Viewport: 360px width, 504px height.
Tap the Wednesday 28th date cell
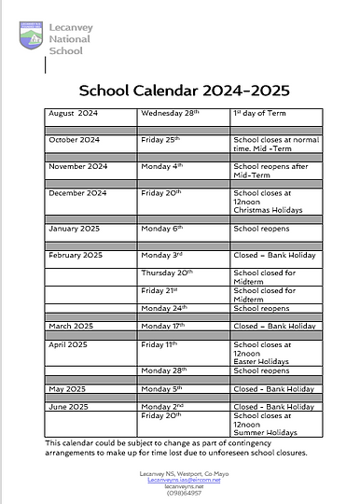point(170,113)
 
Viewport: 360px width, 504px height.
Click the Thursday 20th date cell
point(168,273)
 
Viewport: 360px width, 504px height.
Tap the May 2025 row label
point(67,389)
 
